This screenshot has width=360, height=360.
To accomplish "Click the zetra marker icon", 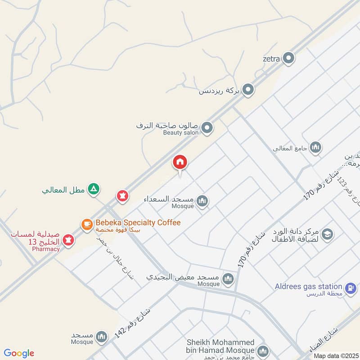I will tap(288, 58).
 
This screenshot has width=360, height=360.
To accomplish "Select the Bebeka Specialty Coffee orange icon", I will tap(86, 223).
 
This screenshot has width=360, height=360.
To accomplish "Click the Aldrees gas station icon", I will tap(351, 287).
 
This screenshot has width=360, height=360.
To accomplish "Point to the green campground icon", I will tap(93, 189).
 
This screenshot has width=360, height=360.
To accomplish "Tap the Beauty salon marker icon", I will tap(207, 128).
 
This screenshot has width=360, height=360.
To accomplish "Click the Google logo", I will tap(19, 353).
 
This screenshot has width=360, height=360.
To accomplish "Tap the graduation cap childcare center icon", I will tap(327, 234).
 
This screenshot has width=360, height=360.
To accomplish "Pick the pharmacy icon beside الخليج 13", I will tap(68, 240).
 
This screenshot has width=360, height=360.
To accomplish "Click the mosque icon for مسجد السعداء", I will tap(202, 201).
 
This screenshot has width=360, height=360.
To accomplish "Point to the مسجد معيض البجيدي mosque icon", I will tap(229, 279).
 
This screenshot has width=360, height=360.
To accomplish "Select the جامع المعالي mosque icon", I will tap(316, 147).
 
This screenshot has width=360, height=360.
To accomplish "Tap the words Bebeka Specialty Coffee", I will tap(138, 223).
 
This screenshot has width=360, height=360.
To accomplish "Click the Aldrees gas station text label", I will tap(309, 287).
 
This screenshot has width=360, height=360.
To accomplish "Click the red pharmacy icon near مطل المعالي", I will tap(122, 196).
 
